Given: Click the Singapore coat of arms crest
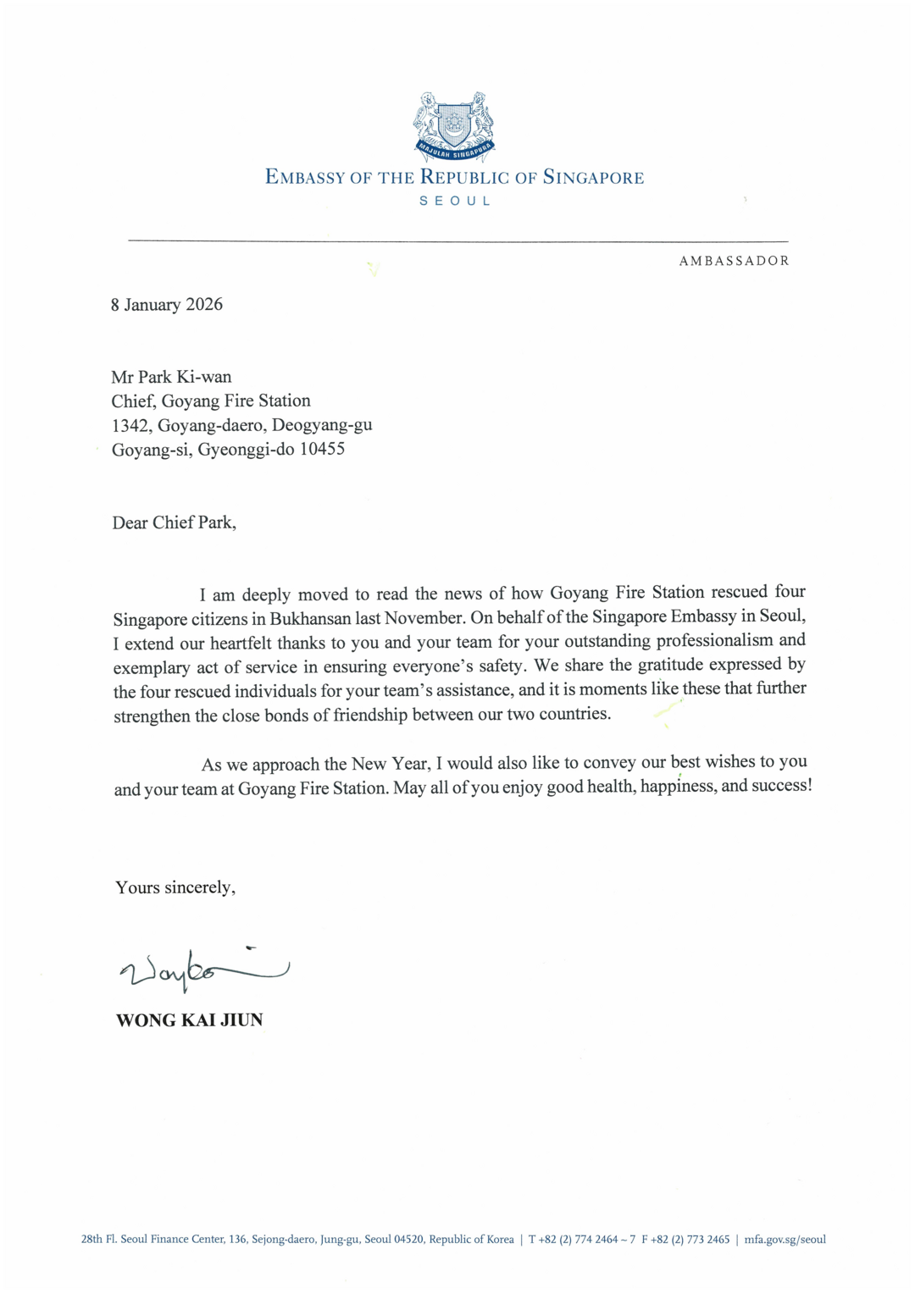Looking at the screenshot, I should click(x=454, y=126).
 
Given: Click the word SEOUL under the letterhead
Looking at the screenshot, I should click(x=455, y=202).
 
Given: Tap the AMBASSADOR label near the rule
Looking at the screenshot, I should click(x=734, y=261).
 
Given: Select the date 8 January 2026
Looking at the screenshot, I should click(x=167, y=305).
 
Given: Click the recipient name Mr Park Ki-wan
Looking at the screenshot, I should click(x=171, y=377).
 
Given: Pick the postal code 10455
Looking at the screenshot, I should click(x=322, y=449).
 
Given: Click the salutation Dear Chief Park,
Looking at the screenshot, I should click(x=174, y=522).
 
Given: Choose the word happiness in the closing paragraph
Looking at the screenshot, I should click(x=677, y=786).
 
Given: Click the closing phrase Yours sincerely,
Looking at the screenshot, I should click(x=175, y=887).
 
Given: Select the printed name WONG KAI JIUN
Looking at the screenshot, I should click(x=189, y=1020).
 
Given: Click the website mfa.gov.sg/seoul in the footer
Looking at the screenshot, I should click(x=785, y=1240).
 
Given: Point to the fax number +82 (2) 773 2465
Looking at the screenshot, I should click(x=690, y=1240).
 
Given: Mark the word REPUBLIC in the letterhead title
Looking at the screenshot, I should click(x=465, y=178).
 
